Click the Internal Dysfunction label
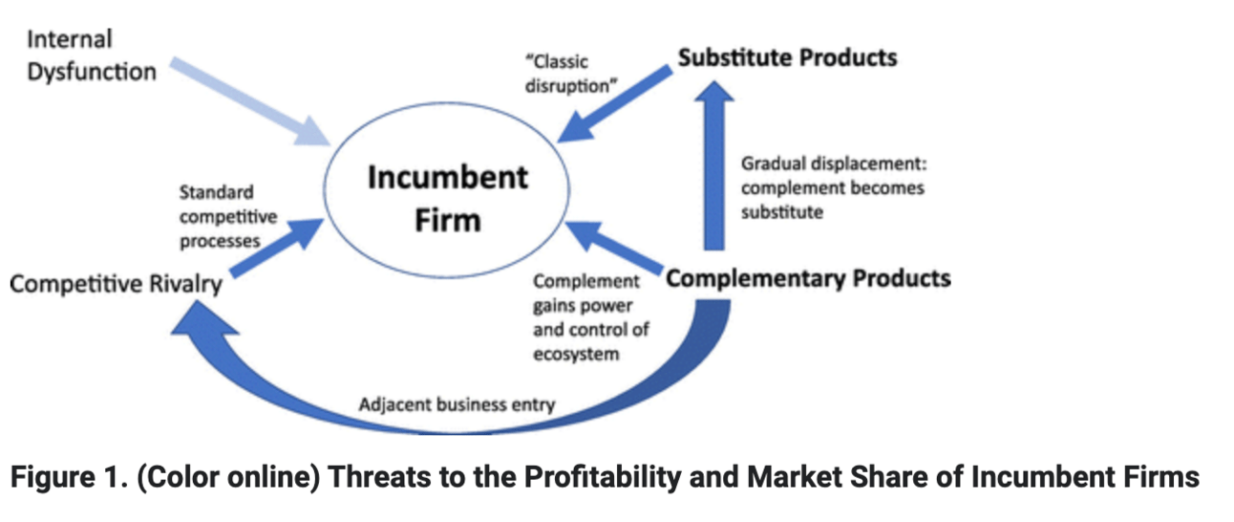[x=92, y=55]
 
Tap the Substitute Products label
[x=787, y=58]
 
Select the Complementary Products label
[x=808, y=278]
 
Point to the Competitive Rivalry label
[x=116, y=284]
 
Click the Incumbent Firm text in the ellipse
[x=447, y=199]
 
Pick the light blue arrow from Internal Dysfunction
[x=249, y=101]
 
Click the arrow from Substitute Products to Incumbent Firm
[x=614, y=105]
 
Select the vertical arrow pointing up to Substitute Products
[x=714, y=165]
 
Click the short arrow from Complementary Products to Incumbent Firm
[x=614, y=248]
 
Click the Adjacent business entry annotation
[x=457, y=404]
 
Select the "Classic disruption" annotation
[x=571, y=74]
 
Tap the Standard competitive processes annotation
[x=228, y=217]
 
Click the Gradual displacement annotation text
[x=834, y=188]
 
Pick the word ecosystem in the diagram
[x=576, y=354]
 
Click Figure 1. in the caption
[x=70, y=477]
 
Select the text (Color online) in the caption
[x=228, y=477]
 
